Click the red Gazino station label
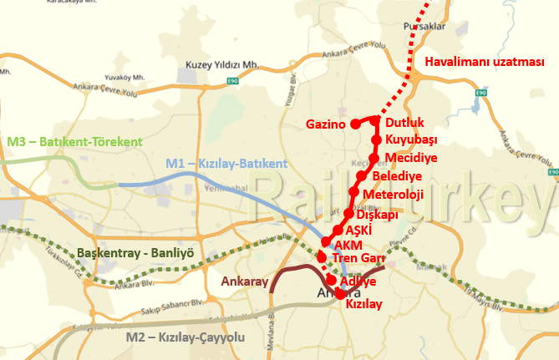326,125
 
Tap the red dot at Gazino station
355,124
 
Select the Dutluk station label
405,123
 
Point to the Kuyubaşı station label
411,139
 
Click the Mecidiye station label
410,158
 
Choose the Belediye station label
397,176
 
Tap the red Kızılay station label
363,305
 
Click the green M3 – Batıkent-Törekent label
74,143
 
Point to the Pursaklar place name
421,28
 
